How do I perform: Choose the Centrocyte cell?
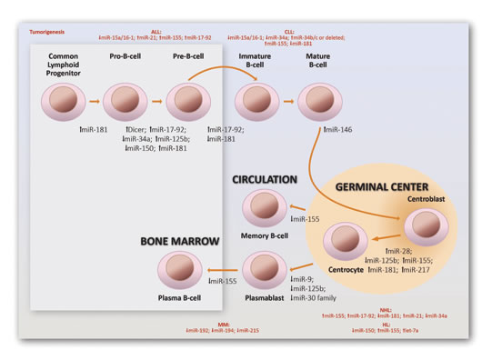tap(346, 240)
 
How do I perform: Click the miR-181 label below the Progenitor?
tap(93, 130)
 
